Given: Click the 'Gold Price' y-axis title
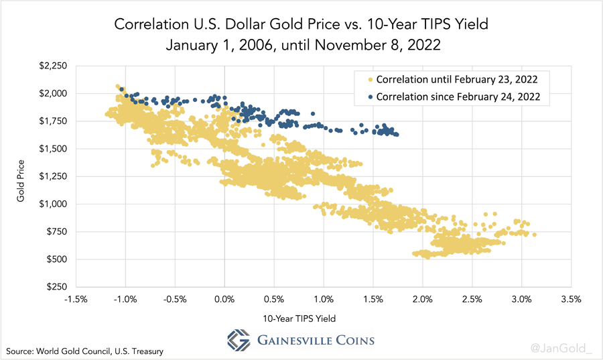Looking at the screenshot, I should click(x=21, y=176).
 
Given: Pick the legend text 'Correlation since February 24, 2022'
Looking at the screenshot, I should click(x=462, y=97).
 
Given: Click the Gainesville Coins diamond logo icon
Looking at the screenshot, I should click(x=239, y=339).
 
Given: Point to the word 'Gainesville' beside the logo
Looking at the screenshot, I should click(x=293, y=339).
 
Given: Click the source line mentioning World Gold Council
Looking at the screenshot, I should click(x=85, y=351).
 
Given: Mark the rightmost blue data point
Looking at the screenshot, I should click(x=397, y=135).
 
